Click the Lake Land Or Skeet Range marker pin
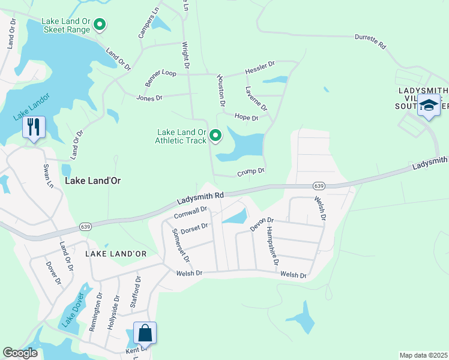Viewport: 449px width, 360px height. point(100,25)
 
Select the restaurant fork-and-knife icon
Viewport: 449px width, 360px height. point(34,127)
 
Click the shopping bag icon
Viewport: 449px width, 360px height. point(145,332)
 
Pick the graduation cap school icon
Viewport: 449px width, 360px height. point(429,105)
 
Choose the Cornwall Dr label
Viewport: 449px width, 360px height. point(190,212)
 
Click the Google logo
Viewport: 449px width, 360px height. point(20,353)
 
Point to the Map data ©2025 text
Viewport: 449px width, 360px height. point(423,355)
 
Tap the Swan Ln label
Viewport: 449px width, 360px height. point(47,175)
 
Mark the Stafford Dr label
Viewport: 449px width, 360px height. point(136,291)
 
